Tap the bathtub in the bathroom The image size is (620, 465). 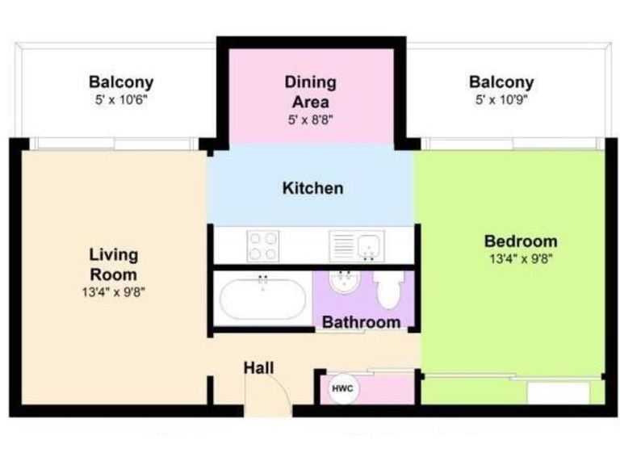262,299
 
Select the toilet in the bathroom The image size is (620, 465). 388,289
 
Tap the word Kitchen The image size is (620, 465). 312,188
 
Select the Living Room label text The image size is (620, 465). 113,264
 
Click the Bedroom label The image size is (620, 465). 520,241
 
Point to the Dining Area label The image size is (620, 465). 310,92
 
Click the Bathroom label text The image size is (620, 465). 361,322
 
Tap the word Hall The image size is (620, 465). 259,368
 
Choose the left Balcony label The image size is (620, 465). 121,82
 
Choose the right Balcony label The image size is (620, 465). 501,82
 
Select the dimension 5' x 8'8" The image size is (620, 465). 310,119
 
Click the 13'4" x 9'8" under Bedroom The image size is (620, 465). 520,259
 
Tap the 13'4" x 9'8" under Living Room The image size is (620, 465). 113,292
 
